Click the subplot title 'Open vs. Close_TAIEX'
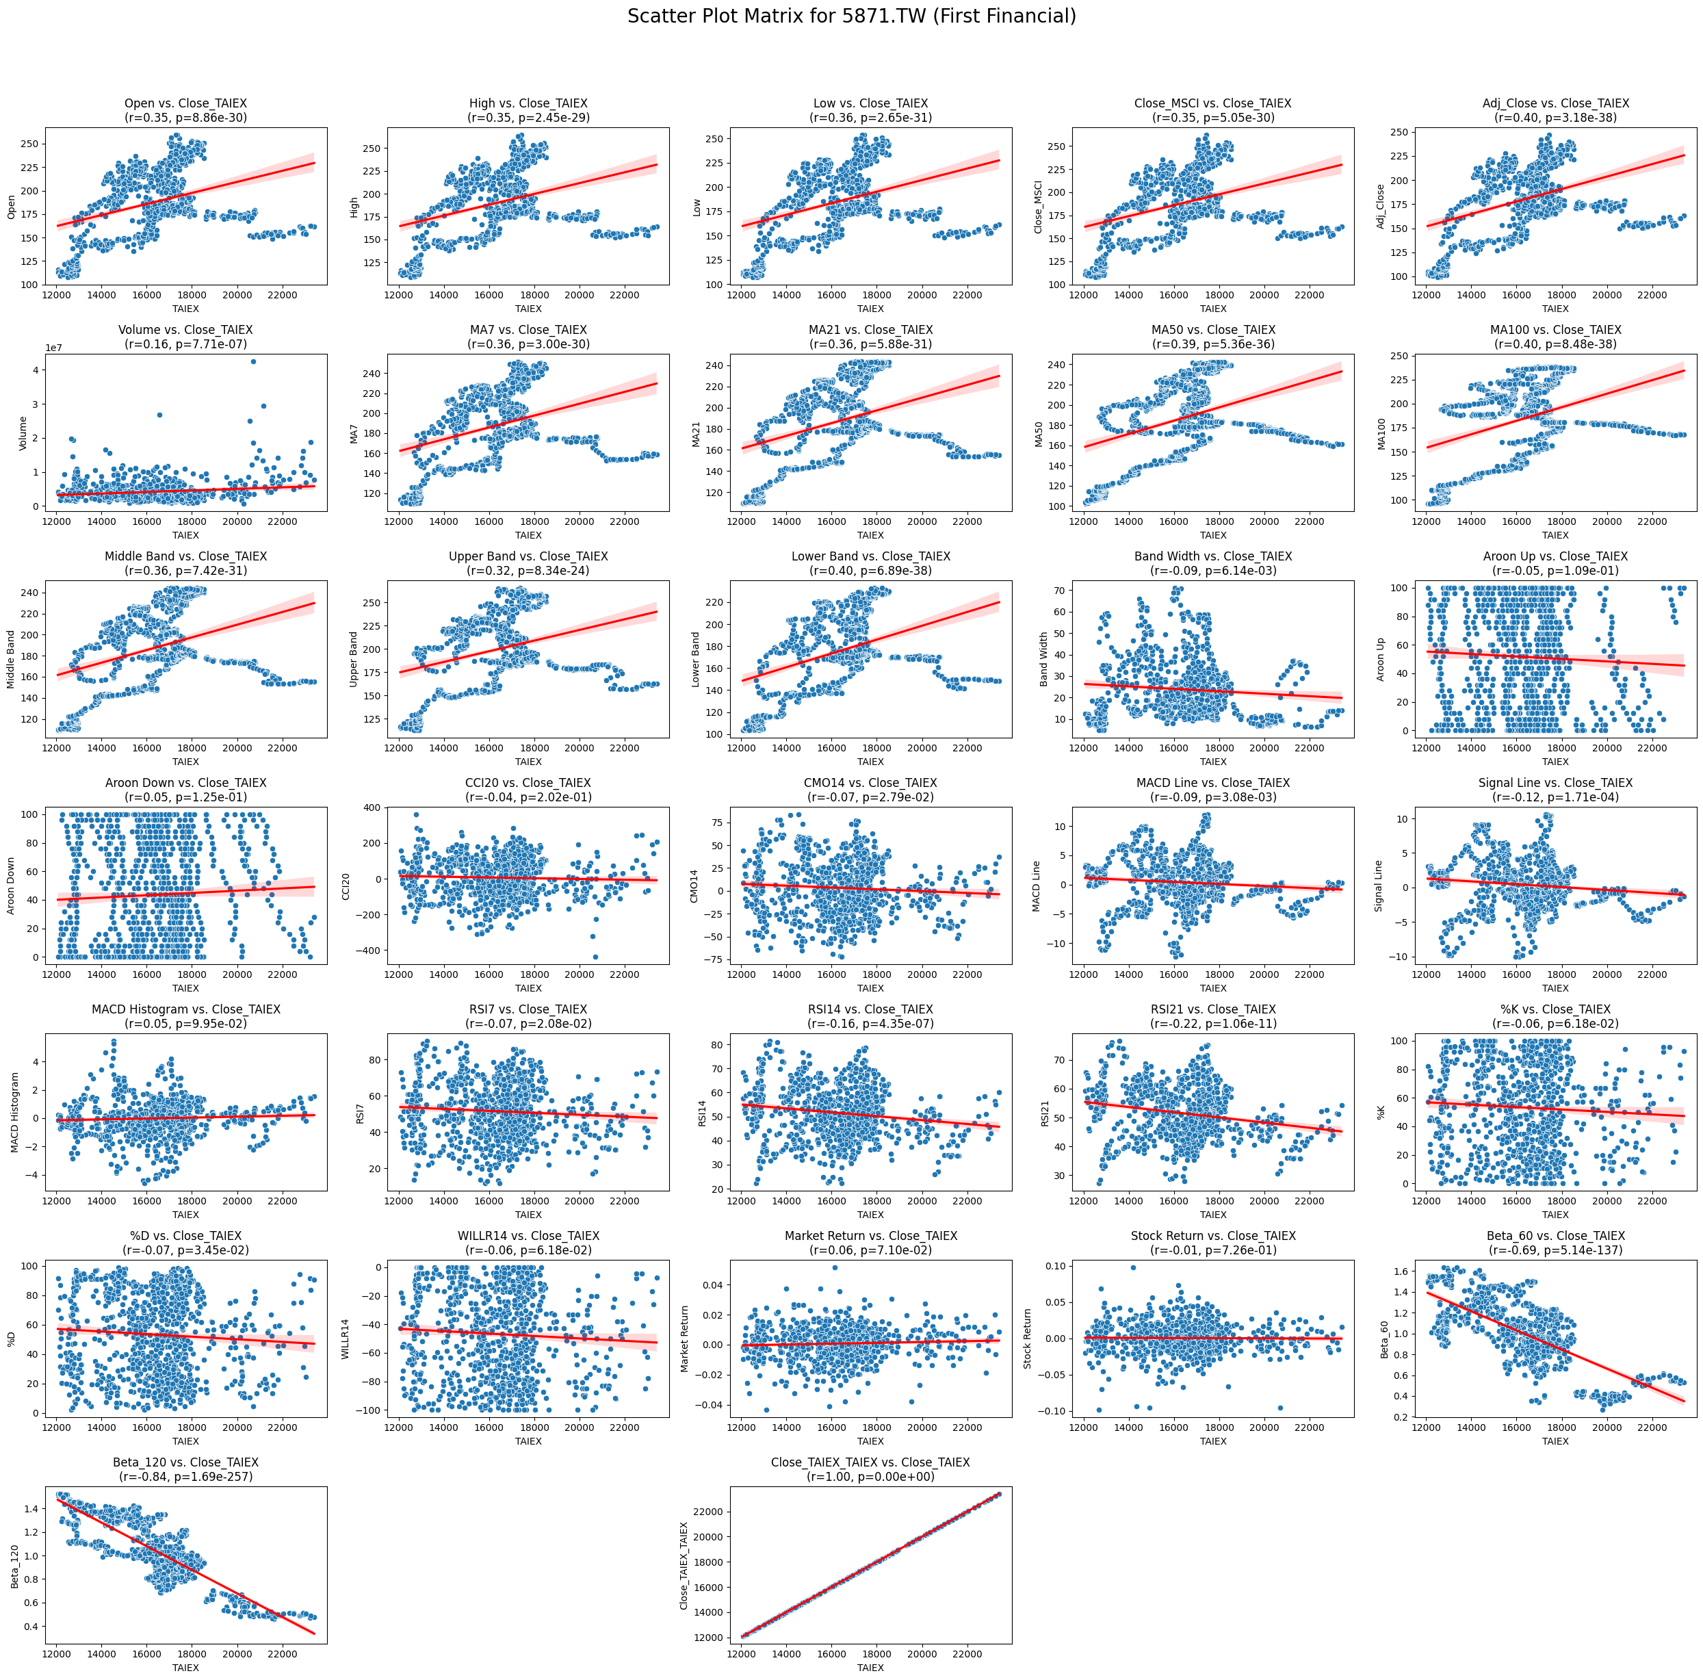pos(185,104)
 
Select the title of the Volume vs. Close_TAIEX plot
pos(185,331)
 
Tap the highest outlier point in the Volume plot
pos(253,361)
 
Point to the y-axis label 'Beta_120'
pos(15,1566)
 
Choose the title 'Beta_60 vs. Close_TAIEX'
pos(1555,1237)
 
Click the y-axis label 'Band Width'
pos(1043,659)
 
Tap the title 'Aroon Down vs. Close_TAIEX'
pos(185,784)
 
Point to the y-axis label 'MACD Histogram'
pos(15,1113)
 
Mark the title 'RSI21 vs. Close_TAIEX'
pos(1213,1010)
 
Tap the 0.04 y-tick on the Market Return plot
pos(712,1286)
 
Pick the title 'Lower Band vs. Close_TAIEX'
pos(870,557)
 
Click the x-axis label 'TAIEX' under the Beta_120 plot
pos(185,1668)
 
